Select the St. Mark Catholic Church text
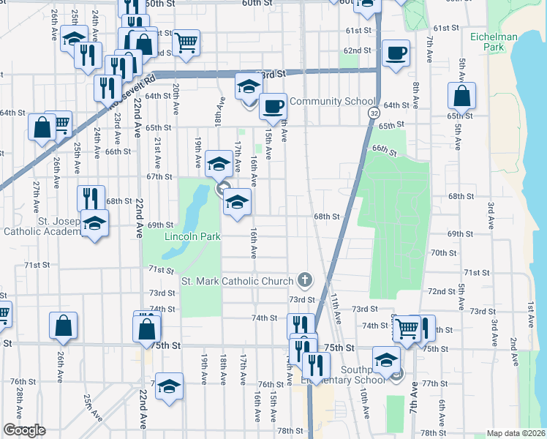tap(238, 281)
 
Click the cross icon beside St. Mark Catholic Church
tap(304, 280)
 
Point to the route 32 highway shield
tap(374, 114)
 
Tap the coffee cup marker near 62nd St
tap(396, 53)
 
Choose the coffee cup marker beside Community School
tap(273, 106)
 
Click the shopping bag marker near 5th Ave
tap(462, 96)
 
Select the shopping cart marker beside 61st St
tap(186, 43)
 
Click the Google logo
tap(24, 430)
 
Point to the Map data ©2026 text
tap(516, 433)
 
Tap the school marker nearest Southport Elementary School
tap(385, 359)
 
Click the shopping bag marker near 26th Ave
tap(64, 326)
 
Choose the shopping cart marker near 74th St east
tap(407, 329)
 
